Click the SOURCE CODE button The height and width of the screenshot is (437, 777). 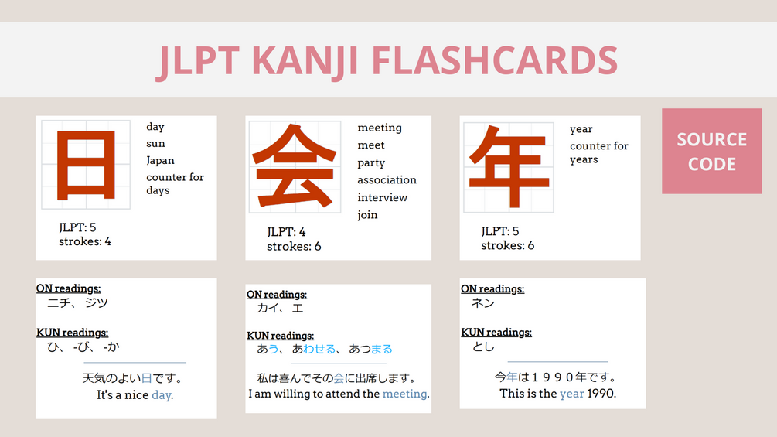711,151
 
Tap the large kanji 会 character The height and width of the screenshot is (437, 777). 295,166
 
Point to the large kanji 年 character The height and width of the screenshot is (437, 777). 508,166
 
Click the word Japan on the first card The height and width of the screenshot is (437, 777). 160,161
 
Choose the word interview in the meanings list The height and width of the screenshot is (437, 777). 382,197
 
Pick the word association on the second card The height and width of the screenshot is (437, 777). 387,180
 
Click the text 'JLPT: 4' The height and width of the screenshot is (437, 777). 286,232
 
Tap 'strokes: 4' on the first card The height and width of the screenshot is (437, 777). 85,241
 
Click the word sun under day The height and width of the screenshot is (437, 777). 155,144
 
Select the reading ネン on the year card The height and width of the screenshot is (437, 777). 483,303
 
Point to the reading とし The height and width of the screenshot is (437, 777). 483,347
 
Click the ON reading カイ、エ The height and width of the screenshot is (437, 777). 280,308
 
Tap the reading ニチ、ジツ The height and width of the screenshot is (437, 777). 77,302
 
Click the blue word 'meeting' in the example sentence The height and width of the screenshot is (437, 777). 404,394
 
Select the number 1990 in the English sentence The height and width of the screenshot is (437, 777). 601,394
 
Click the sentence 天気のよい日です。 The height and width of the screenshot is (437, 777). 132,379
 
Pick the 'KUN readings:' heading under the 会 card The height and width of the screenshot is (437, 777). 280,336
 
